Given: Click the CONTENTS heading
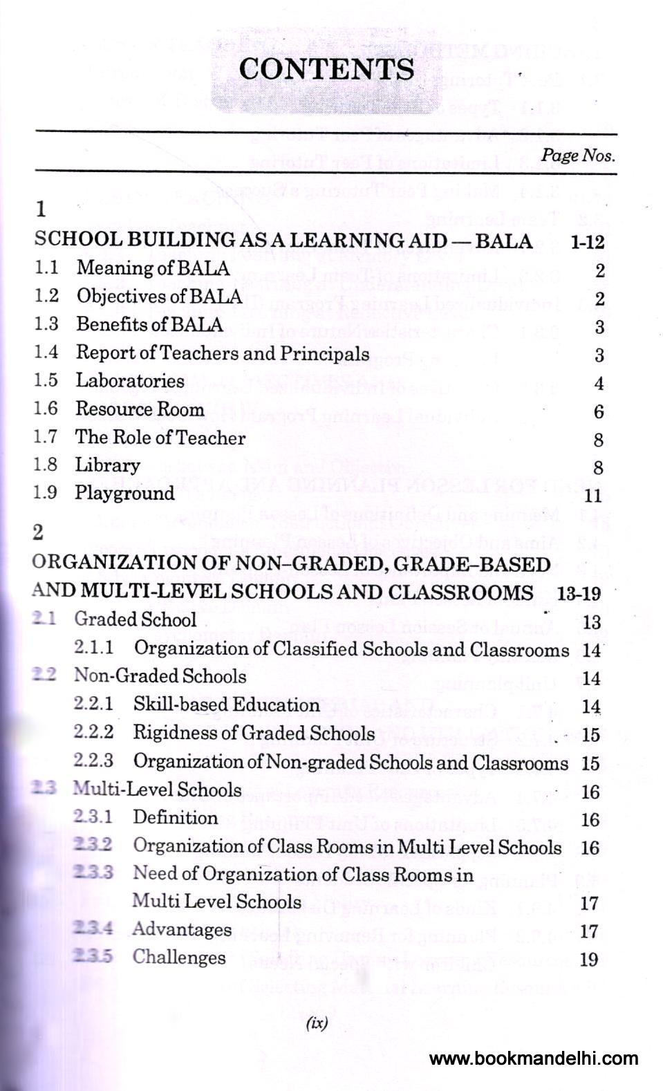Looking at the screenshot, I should tap(326, 69).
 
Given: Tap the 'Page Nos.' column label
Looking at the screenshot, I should tap(578, 155).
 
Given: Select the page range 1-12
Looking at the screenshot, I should tap(588, 241).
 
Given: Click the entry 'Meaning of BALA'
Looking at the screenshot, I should tap(153, 268).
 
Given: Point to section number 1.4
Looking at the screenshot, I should tap(46, 352).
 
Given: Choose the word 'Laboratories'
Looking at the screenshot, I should tap(130, 380).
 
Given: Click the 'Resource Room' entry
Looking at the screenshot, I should tap(140, 409).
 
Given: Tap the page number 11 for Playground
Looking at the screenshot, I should tap(593, 496).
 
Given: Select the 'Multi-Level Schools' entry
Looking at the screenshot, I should tap(158, 789).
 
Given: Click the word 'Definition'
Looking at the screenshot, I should tap(175, 817).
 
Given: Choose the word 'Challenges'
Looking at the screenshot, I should tap(179, 957).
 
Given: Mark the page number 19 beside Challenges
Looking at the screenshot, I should tap(589, 959).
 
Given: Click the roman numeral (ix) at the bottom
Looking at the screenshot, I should tap(317, 1024).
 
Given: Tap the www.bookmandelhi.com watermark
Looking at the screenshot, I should tap(533, 1059).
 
